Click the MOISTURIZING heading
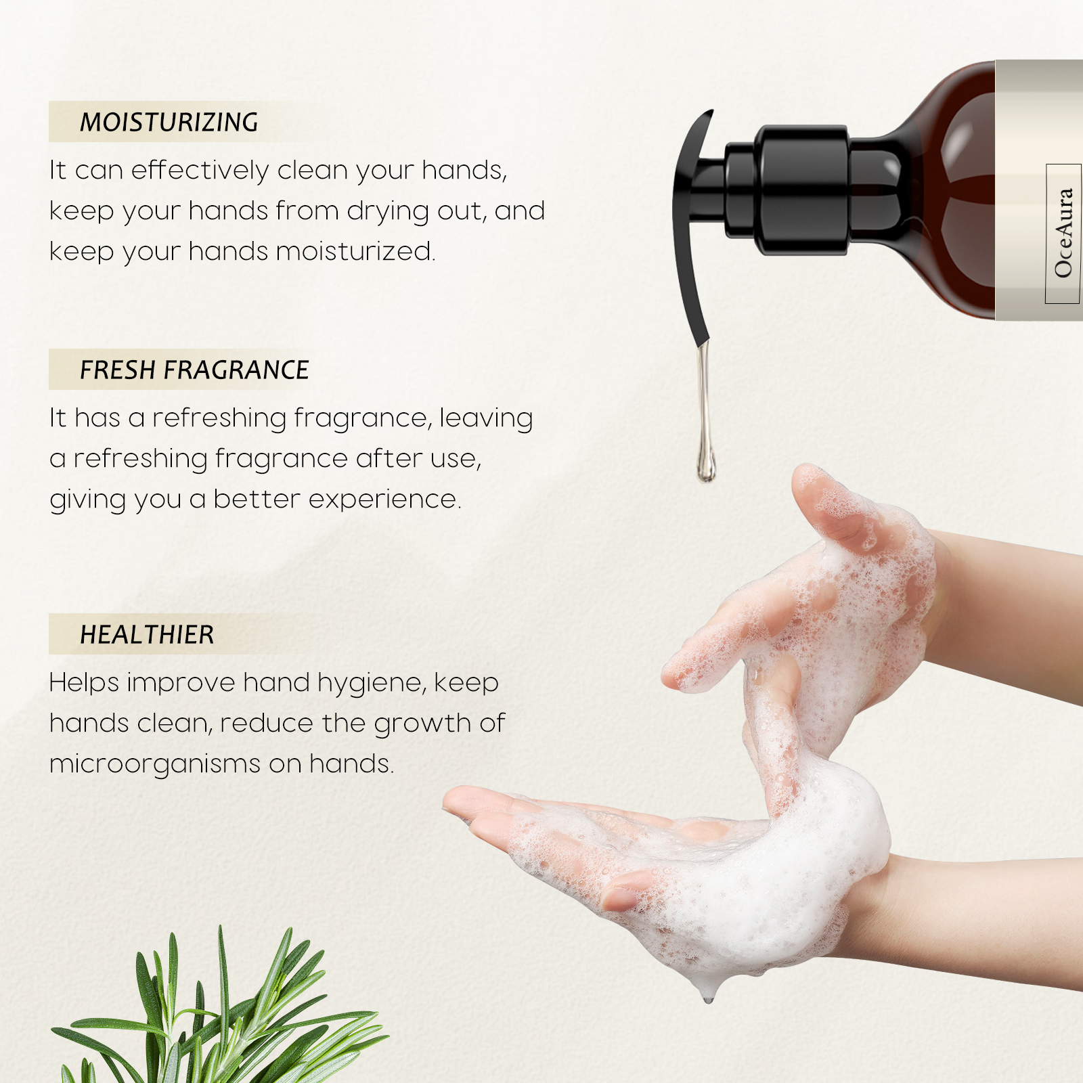(x=169, y=122)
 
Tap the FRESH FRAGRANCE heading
(x=194, y=370)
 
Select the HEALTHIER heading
(x=147, y=634)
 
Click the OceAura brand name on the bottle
(x=1063, y=233)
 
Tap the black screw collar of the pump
(x=802, y=190)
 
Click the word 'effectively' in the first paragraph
(x=200, y=170)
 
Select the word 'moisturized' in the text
(x=353, y=251)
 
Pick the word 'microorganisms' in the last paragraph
(x=155, y=764)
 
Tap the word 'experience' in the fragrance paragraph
(x=382, y=500)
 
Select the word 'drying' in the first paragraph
(x=388, y=211)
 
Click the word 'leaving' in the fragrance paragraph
(x=486, y=418)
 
